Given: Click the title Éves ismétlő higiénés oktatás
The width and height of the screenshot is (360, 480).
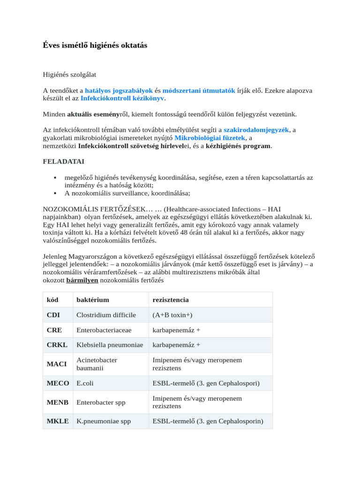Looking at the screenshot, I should click(95, 45).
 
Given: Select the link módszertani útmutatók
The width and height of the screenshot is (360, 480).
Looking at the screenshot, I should click(199, 90).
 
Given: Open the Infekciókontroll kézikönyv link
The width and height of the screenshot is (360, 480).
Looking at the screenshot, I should click(122, 98).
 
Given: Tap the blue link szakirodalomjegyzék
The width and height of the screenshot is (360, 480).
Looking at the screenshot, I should click(256, 130).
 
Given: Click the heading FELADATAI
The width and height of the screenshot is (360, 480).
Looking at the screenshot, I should click(64, 161).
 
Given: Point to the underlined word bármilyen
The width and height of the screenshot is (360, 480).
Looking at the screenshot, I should click(82, 280).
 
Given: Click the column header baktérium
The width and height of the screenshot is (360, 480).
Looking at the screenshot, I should click(93, 300).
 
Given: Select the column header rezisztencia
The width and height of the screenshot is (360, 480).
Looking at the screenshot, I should click(171, 300).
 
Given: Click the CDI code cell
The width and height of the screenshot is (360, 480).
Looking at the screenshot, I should click(53, 315).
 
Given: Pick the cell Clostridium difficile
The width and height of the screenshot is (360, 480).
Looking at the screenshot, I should click(106, 315).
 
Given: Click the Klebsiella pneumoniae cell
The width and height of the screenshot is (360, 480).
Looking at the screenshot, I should click(110, 345).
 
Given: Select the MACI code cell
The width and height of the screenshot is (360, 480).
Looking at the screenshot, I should click(57, 364).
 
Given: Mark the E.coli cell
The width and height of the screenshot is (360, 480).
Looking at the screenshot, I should click(85, 383).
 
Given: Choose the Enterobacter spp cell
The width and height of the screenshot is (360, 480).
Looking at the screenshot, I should click(101, 402).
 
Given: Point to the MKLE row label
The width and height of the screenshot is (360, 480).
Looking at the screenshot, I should click(58, 421).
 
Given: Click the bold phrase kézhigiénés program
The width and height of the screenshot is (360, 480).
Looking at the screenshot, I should click(238, 146).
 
